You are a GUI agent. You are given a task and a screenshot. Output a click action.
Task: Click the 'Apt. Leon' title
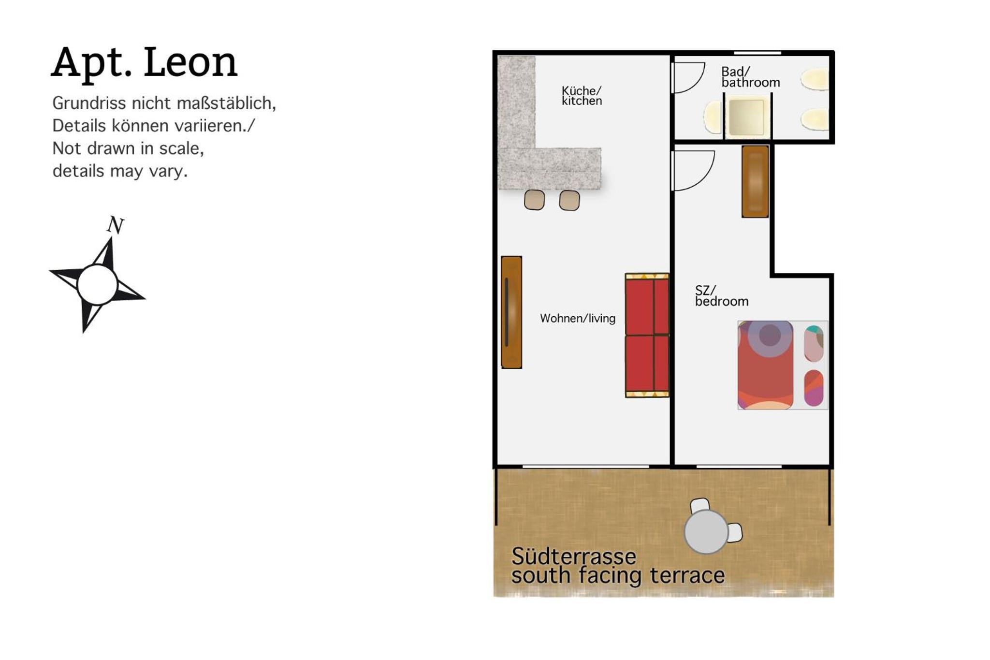(x=144, y=62)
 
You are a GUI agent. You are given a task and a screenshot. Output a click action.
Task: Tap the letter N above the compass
(x=116, y=225)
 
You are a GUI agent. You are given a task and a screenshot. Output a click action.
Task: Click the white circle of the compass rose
(x=97, y=284)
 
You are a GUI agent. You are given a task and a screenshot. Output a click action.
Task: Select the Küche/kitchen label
(x=582, y=96)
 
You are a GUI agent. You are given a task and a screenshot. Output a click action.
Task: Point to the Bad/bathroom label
(x=750, y=77)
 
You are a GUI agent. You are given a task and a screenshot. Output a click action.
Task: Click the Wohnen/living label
(x=578, y=318)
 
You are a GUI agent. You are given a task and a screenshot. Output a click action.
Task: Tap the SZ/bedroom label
(x=722, y=296)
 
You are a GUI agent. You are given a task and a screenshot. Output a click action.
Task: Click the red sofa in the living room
(x=647, y=335)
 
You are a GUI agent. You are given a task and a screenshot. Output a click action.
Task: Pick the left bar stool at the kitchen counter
(x=534, y=200)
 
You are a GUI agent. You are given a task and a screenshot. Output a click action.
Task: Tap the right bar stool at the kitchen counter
(x=569, y=200)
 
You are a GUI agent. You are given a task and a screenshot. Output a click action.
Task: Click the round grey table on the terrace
(x=706, y=531)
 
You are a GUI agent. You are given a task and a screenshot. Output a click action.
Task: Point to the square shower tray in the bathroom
(x=746, y=117)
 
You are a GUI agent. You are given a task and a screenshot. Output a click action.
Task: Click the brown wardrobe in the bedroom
(x=755, y=181)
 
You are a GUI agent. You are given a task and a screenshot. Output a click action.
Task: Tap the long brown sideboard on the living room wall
(x=511, y=312)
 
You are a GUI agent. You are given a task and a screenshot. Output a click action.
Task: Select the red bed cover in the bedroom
(x=765, y=365)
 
